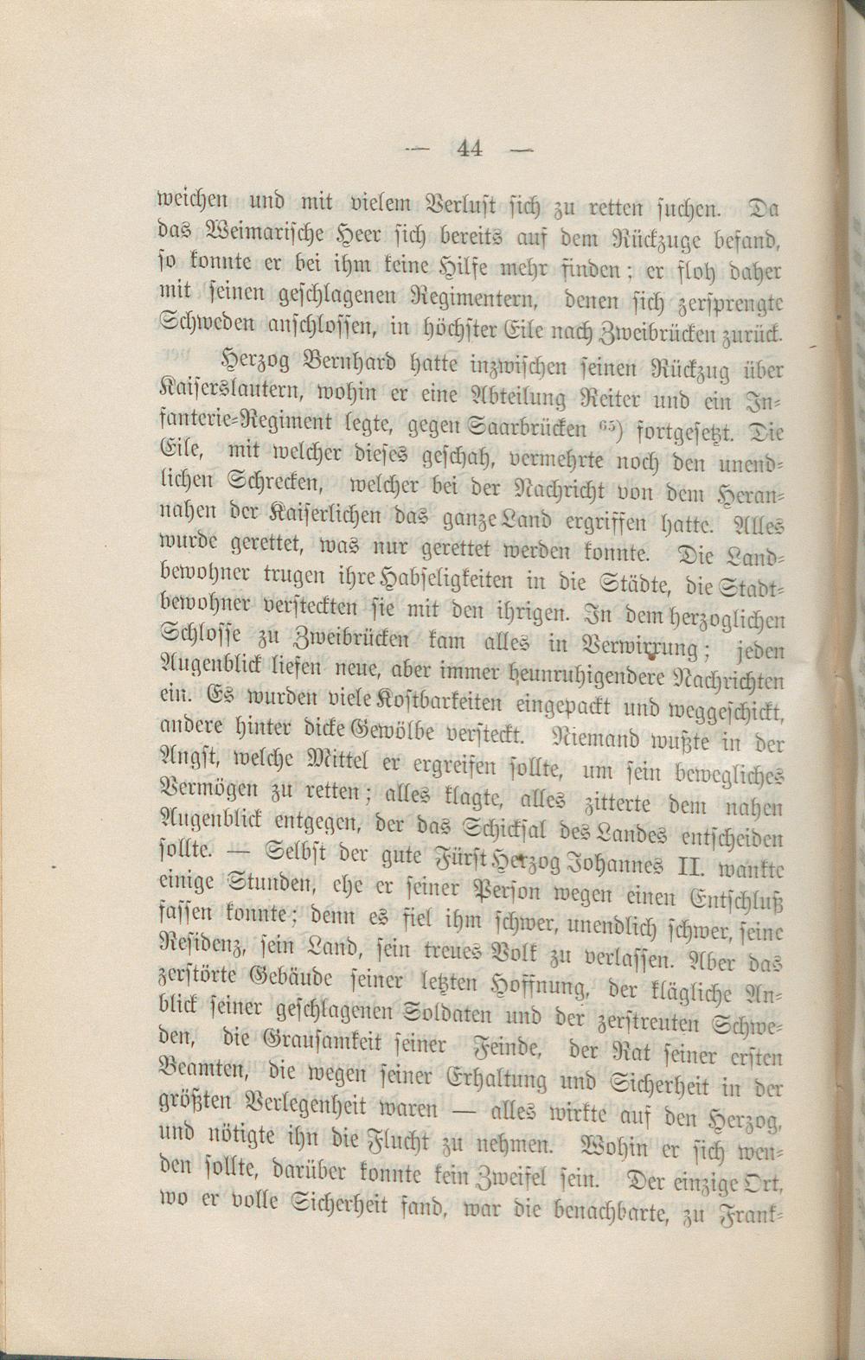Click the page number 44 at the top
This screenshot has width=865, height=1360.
pos(471,149)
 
